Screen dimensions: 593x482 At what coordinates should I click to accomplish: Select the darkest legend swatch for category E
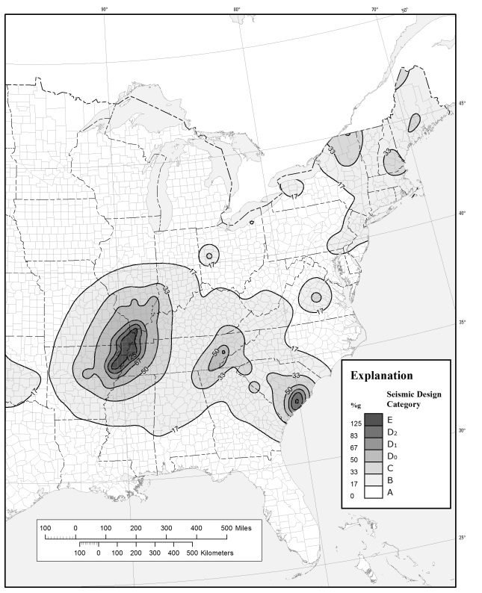(373, 420)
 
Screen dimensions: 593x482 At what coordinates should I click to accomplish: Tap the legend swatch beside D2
(373, 432)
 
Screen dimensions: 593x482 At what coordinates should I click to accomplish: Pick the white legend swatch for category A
(373, 492)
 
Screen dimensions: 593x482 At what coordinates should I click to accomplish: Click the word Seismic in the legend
(402, 394)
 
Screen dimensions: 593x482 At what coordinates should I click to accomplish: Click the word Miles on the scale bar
(242, 528)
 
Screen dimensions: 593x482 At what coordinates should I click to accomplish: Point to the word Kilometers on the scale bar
(217, 553)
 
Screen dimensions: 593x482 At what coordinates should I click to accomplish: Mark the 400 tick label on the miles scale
(197, 528)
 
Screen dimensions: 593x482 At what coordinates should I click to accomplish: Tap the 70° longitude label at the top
(374, 9)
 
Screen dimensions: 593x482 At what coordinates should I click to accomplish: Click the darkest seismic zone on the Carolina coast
(297, 401)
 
